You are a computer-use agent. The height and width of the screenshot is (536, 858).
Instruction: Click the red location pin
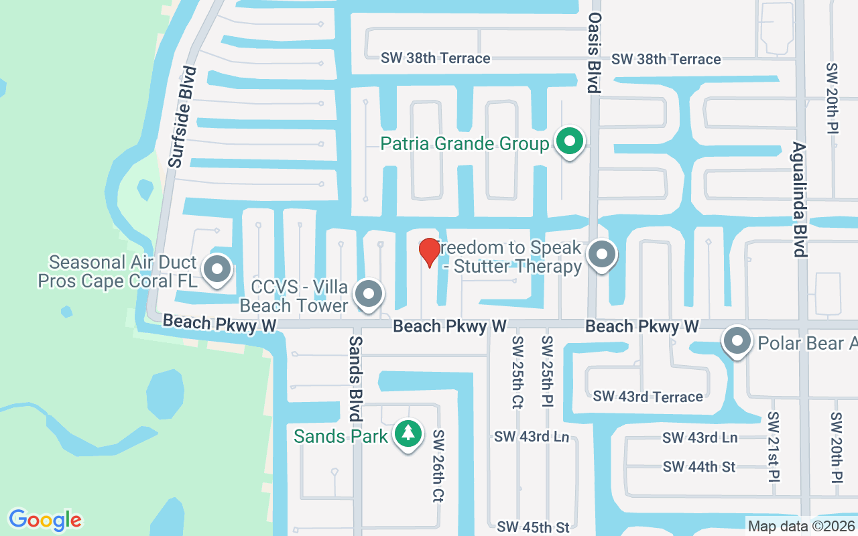pos(429,253)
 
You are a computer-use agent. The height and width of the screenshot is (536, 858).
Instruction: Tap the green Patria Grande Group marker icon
pos(569,142)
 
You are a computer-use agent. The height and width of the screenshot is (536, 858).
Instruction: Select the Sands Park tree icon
pos(408,434)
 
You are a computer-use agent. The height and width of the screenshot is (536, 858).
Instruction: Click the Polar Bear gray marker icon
pos(737,341)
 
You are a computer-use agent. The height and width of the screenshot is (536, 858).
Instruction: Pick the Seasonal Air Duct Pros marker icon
pos(217,270)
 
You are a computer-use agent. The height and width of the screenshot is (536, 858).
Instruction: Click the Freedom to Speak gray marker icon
pos(602,255)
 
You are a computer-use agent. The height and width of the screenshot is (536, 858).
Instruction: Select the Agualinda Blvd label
pos(798,199)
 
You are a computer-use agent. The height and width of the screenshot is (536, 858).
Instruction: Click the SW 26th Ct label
pos(438,466)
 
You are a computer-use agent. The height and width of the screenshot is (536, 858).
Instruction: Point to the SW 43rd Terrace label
pos(648,396)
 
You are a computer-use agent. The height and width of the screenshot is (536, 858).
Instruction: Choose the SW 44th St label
pos(698,466)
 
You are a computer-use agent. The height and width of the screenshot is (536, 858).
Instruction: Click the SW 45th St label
pos(533,527)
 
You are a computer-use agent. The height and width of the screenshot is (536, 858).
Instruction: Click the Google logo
pos(45,520)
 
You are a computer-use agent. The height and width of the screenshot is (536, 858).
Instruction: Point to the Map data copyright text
pos(801,527)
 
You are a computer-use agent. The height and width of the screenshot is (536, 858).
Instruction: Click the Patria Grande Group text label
pos(465,143)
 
